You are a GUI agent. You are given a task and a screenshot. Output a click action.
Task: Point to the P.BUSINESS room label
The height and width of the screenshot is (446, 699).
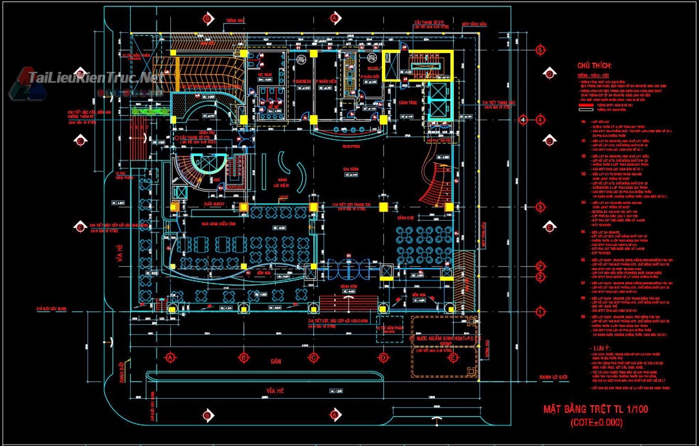302,81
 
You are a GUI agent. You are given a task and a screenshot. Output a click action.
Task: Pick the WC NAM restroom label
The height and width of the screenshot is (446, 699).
264,75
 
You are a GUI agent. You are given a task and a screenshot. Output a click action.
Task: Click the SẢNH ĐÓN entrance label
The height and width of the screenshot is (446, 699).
349,285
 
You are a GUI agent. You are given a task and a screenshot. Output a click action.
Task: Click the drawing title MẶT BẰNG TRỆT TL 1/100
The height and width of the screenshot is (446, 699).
595,409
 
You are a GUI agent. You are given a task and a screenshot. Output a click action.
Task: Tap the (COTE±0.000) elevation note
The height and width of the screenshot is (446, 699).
595,422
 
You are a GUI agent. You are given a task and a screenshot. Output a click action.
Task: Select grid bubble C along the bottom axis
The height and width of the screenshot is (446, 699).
313,357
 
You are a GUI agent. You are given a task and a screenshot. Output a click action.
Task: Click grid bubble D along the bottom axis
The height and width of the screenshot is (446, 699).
383,357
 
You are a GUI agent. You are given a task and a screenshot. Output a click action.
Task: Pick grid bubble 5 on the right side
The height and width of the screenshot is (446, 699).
541,50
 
